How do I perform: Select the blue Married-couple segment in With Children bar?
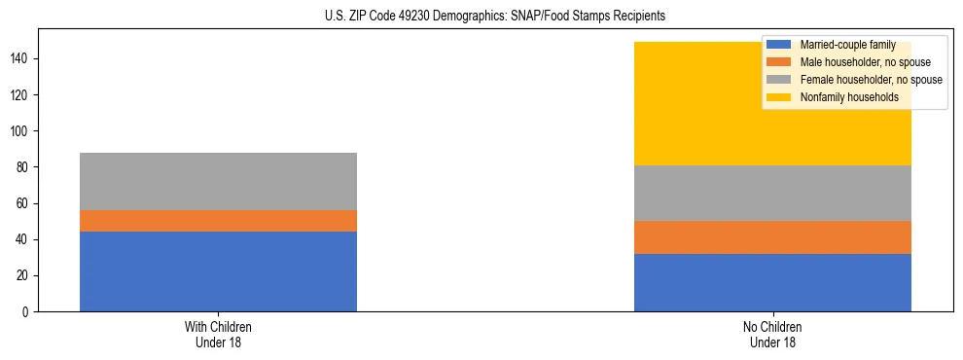coord(218,271)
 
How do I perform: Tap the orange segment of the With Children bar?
coord(218,221)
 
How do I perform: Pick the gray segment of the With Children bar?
coord(218,181)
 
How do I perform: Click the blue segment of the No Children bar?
coord(772,282)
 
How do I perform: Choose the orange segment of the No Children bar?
coord(772,237)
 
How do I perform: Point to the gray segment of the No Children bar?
coord(772,193)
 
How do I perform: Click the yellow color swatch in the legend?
coord(780,97)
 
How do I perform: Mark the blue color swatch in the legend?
coord(780,45)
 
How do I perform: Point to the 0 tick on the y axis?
coord(28,312)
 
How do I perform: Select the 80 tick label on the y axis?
coord(24,167)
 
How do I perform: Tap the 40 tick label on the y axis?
coord(24,240)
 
